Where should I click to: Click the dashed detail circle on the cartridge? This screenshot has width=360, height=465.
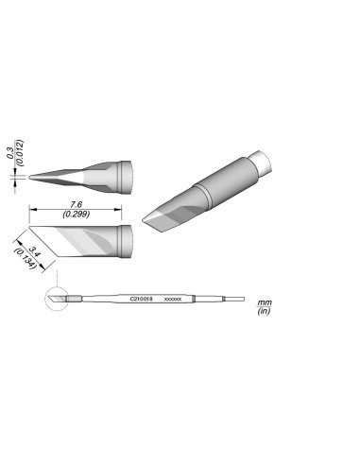coord(57,299)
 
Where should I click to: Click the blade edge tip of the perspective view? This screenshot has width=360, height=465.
coord(146,225)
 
